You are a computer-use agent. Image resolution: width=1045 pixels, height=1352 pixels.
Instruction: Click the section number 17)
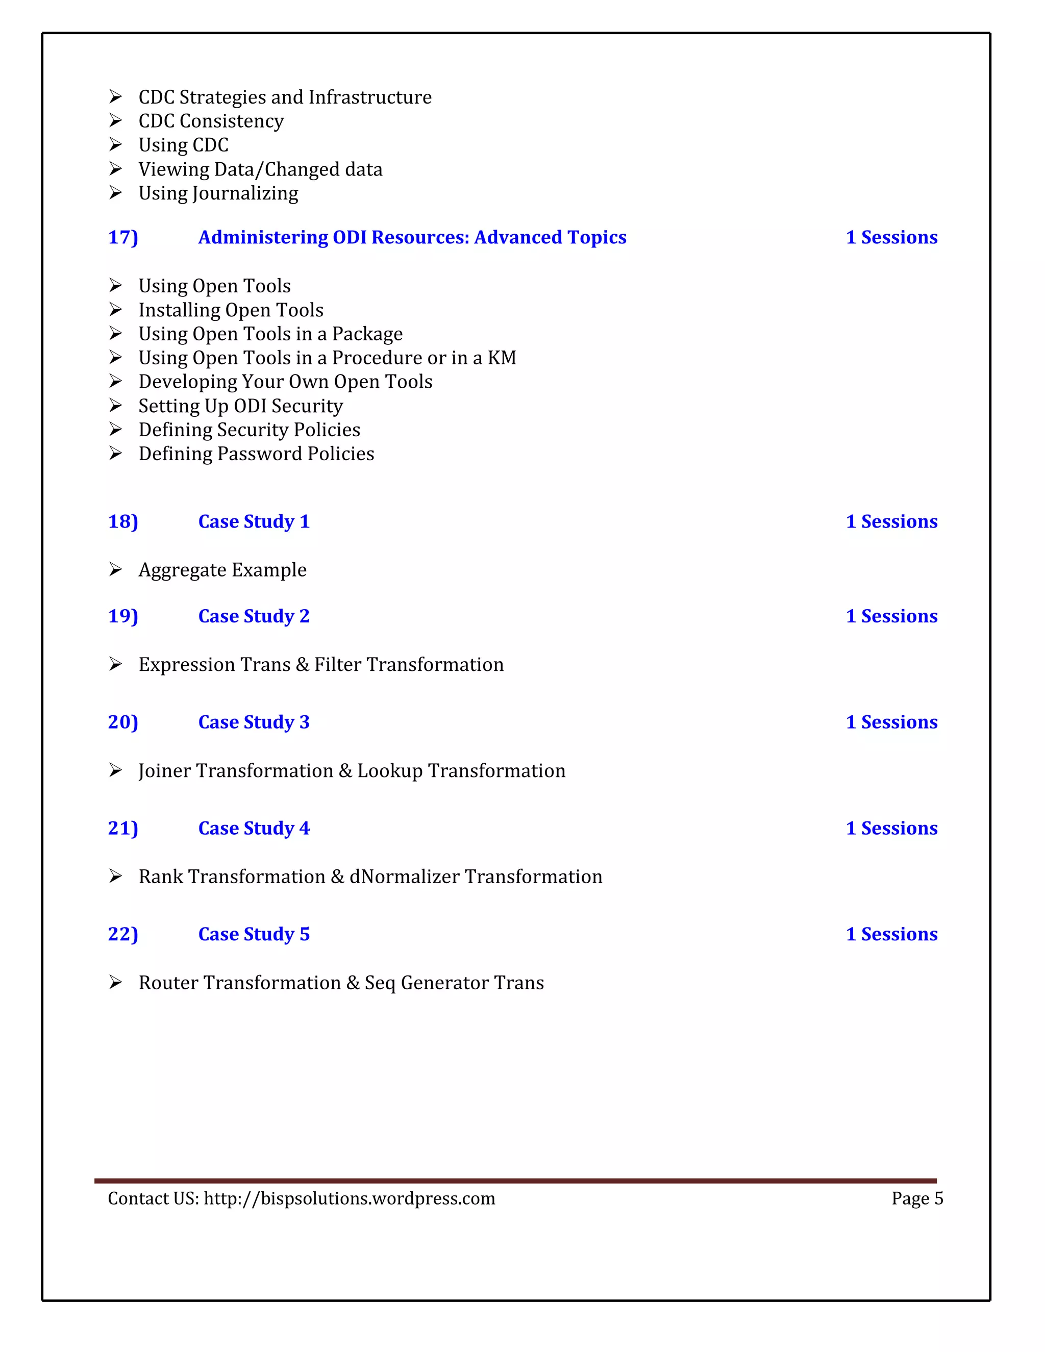(x=122, y=237)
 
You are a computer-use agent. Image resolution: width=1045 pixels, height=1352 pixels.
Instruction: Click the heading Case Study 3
(x=254, y=722)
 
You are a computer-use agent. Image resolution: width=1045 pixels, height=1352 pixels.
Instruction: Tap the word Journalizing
(x=246, y=193)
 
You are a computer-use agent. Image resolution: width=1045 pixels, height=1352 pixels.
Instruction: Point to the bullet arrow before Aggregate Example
(x=115, y=569)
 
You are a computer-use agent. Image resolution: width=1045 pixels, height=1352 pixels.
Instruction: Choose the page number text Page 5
(x=917, y=1198)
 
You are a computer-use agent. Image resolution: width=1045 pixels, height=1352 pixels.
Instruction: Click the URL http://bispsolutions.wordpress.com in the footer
(x=349, y=1198)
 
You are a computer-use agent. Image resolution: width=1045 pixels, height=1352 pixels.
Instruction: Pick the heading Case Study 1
(x=254, y=521)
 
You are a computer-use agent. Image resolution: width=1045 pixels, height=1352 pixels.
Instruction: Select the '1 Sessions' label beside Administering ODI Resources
(x=891, y=237)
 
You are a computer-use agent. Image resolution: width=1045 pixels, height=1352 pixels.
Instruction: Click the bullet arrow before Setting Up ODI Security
(x=115, y=406)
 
